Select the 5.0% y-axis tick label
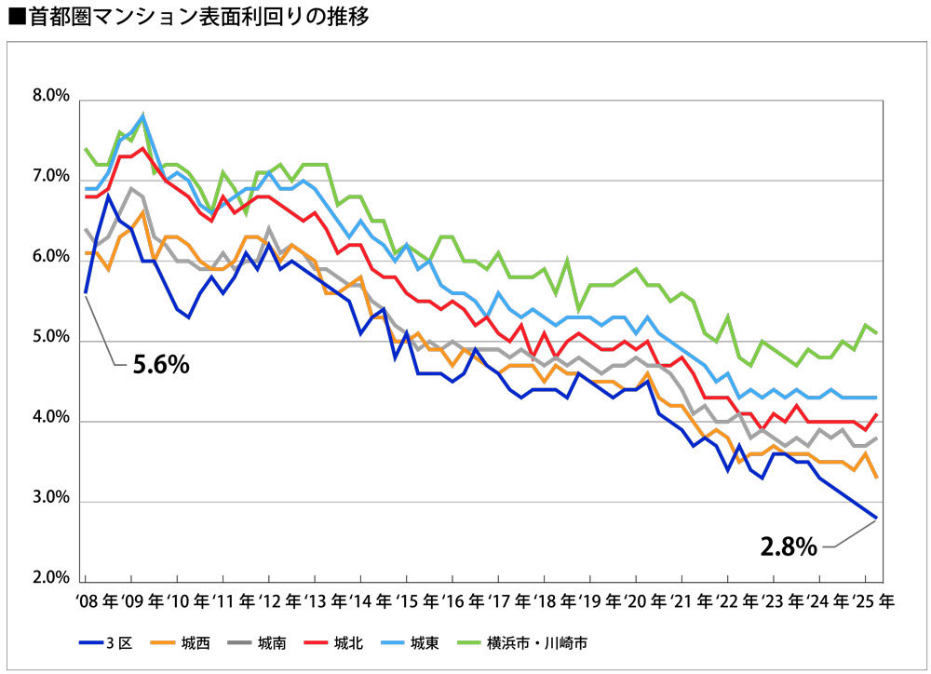click(50, 339)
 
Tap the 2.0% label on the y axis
click(50, 580)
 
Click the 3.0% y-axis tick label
click(50, 500)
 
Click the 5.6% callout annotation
click(160, 365)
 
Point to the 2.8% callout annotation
click(789, 546)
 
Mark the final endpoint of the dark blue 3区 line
click(877, 517)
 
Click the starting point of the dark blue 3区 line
click(86, 292)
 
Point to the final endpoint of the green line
click(877, 332)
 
